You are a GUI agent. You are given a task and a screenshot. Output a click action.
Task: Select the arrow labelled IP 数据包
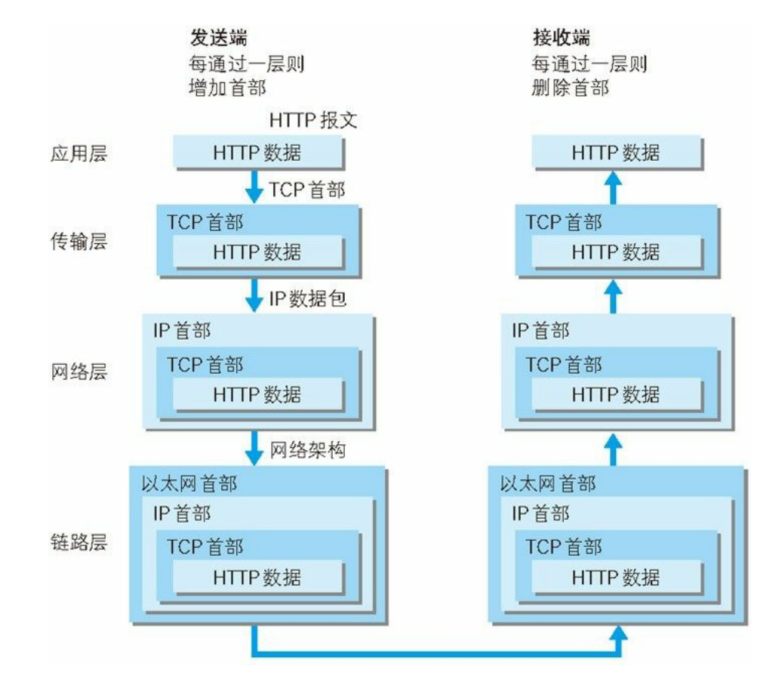tap(255, 298)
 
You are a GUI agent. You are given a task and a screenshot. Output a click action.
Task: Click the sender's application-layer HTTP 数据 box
tap(258, 153)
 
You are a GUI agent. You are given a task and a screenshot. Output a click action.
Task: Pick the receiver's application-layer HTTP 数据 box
tap(616, 153)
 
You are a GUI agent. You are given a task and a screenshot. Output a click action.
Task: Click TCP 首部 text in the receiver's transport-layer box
tap(564, 222)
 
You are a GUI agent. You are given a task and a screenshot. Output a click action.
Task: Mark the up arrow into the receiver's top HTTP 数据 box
tap(614, 186)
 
